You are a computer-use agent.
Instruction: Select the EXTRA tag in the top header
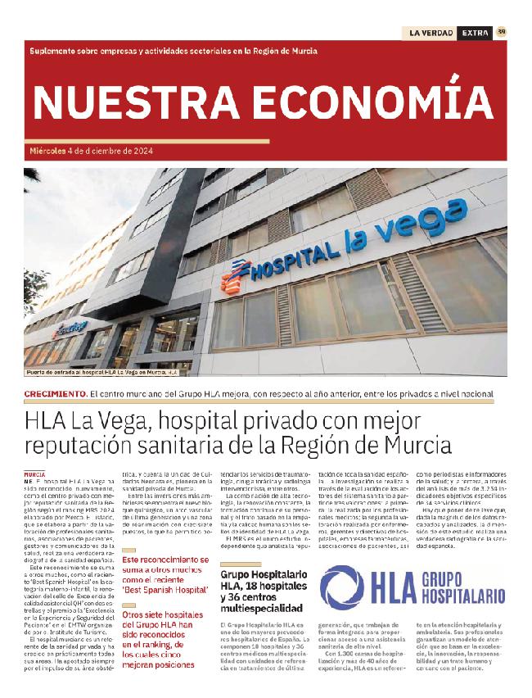point(475,33)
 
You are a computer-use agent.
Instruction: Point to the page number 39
point(501,32)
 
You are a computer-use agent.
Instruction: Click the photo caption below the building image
point(101,372)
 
